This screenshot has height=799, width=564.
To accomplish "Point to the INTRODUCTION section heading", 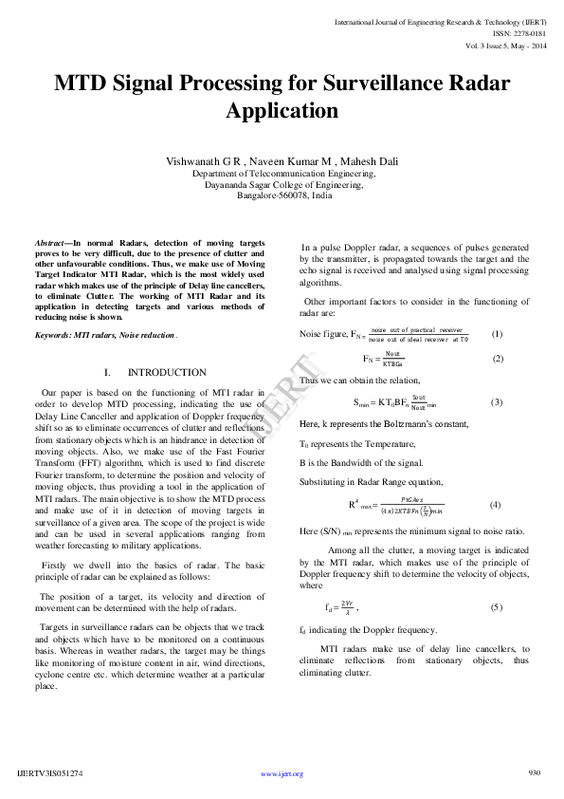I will click(166, 372).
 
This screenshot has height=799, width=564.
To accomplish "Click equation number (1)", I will click(497, 334).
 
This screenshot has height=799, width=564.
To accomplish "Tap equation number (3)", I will click(496, 402).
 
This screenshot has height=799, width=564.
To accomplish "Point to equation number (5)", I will click(496, 606).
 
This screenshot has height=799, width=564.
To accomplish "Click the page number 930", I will click(535, 772).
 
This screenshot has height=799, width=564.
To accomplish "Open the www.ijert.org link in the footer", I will click(282, 774).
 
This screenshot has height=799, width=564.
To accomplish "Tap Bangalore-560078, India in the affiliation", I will click(283, 196).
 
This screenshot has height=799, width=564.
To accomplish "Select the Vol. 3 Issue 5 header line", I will click(505, 46).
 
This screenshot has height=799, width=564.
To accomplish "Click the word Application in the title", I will click(282, 110).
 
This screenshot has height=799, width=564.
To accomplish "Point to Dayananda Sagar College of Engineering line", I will click(283, 185).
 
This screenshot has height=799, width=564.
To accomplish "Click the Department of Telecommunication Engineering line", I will click(283, 175).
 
